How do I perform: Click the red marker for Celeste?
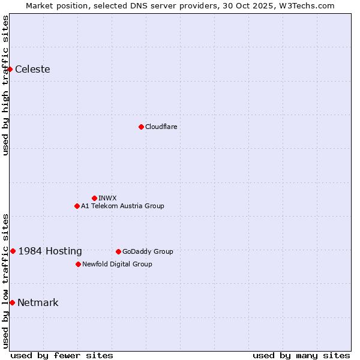tap(10, 70)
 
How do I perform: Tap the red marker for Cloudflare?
tap(141, 127)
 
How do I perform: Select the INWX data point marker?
tap(94, 198)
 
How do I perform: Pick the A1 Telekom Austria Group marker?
tap(77, 206)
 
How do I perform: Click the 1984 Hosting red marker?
tap(13, 251)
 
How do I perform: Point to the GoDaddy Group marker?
tap(118, 251)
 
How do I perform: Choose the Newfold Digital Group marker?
tap(78, 264)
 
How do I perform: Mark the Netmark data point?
tap(12, 302)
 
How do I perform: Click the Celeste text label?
tap(32, 70)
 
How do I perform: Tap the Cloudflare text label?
tap(161, 127)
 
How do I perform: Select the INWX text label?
tap(107, 198)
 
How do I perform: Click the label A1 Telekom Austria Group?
tap(122, 206)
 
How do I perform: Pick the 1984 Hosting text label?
tap(50, 251)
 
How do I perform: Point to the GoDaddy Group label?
tap(148, 251)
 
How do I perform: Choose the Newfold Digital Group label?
tap(117, 264)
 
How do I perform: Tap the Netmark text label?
tap(38, 302)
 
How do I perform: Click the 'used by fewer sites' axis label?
tap(62, 355)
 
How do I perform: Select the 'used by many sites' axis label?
tap(301, 355)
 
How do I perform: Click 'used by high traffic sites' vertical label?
tap(5, 85)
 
